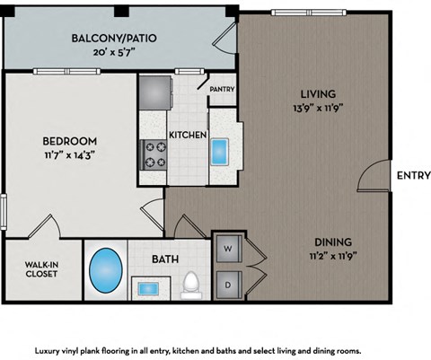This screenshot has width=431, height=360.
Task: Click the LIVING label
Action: point(318,93)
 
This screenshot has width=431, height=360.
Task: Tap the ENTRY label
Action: point(412,176)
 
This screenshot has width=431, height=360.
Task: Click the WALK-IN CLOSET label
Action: point(40,268)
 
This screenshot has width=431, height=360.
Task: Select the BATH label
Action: point(165,259)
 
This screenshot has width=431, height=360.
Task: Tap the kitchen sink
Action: point(222,151)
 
